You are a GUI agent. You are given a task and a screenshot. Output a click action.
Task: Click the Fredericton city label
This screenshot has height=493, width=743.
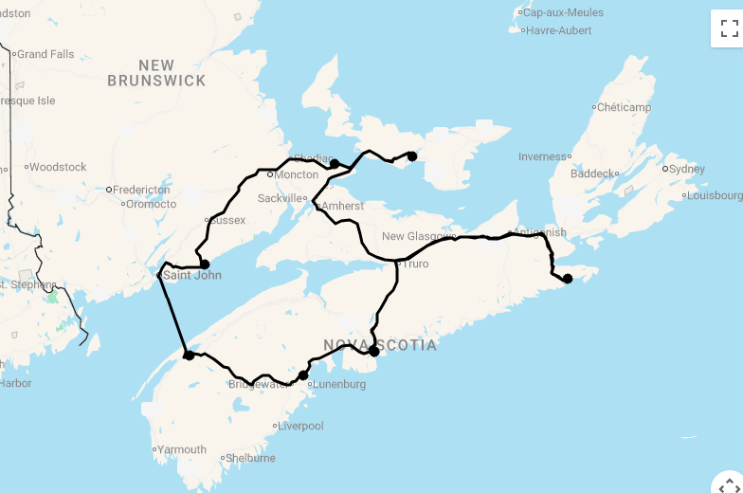[143, 190]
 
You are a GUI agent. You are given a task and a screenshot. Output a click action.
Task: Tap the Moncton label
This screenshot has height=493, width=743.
[297, 174]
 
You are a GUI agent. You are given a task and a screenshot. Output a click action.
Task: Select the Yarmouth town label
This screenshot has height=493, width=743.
[182, 449]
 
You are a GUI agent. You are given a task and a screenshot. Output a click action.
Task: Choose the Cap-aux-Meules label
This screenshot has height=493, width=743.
[563, 12]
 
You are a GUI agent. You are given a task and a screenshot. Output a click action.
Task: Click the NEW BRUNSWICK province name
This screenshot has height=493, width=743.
[156, 73]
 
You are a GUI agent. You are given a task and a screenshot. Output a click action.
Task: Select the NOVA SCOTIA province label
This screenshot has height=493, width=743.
[380, 345]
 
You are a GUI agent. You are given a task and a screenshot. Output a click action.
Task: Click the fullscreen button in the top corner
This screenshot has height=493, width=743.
[727, 28]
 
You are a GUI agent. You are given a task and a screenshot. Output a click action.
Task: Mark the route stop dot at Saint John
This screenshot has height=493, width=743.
[204, 265]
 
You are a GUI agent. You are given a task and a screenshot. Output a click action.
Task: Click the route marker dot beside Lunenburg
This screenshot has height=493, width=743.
[303, 375]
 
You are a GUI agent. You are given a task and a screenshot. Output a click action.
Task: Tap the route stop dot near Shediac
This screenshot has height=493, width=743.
[335, 164]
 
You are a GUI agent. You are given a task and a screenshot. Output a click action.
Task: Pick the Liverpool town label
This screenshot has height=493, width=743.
[300, 426]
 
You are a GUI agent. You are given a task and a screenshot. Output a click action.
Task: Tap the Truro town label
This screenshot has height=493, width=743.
[416, 264]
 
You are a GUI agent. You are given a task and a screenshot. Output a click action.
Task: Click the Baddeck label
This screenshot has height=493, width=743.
[593, 173]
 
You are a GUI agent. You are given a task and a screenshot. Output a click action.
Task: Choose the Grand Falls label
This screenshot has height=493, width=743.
[45, 54]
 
